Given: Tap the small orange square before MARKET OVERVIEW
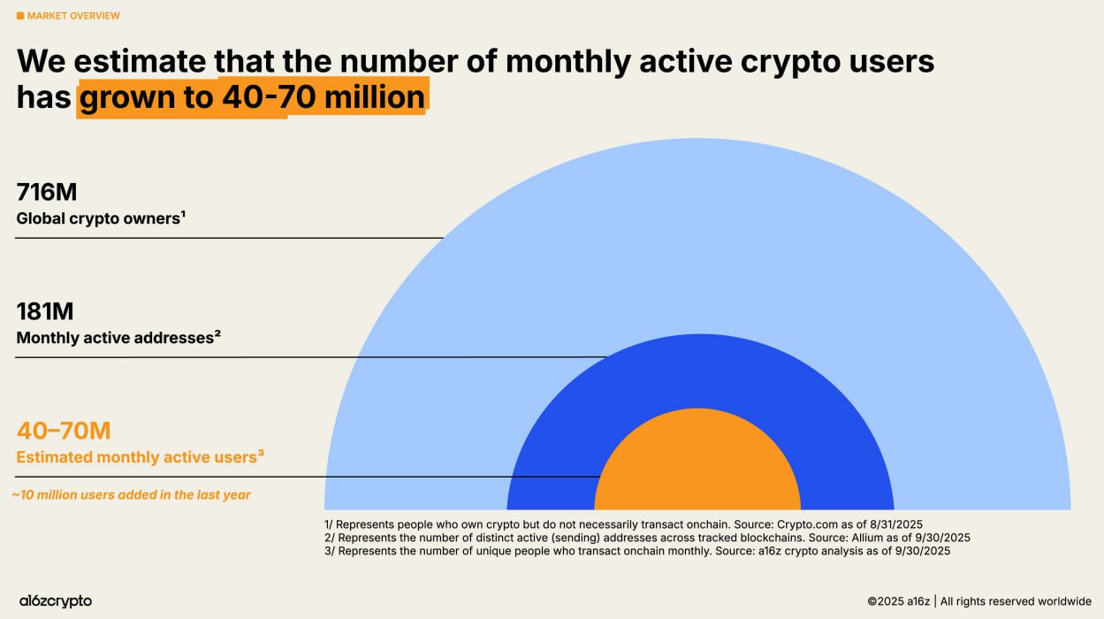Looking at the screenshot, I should tap(20, 16).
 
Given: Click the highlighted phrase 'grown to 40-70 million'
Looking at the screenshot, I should tap(252, 96).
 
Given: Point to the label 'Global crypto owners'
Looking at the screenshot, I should tap(98, 218).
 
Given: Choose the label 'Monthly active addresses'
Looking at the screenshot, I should tap(115, 337).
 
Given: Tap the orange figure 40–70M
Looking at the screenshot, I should tap(64, 431).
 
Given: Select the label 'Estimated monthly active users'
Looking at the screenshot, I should tap(137, 457).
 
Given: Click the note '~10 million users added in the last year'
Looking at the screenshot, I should tap(132, 495).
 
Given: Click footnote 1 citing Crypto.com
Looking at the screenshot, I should tap(622, 523).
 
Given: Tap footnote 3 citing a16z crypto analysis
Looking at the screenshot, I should tap(636, 550).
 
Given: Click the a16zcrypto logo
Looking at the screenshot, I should tap(56, 601).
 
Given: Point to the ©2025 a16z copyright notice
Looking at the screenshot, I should tap(978, 601).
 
